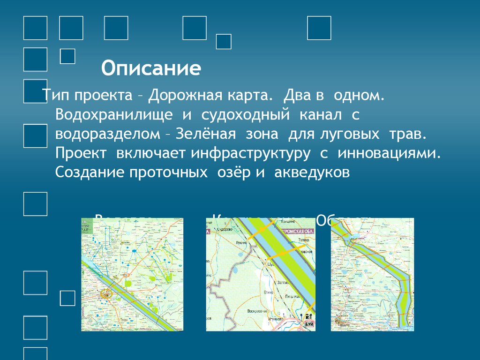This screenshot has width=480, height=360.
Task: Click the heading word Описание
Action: click(151, 68)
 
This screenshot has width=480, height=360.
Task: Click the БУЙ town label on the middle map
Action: click(308, 324)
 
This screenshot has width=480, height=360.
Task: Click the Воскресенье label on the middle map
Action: click(257, 310)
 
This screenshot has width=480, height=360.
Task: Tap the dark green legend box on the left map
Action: click(85, 225)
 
